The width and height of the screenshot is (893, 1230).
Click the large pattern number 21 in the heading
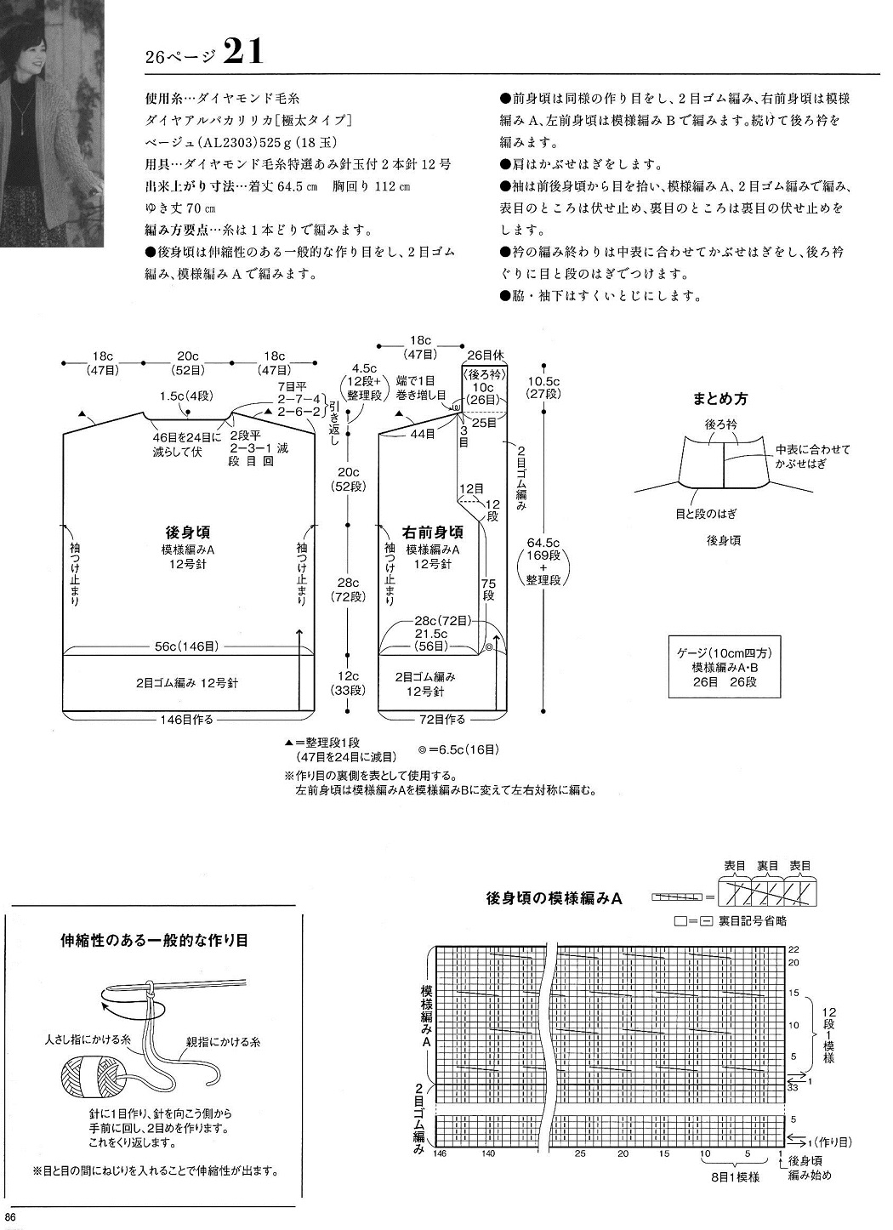point(244,51)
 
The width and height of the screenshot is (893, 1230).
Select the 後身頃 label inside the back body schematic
point(188,532)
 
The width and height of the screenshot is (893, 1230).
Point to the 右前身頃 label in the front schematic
point(433,532)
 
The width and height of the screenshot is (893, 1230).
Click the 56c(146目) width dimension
point(186,646)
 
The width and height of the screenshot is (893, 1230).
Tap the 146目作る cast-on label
point(186,719)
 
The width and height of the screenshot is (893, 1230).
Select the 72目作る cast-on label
point(442,719)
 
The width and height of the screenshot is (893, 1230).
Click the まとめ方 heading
point(720,399)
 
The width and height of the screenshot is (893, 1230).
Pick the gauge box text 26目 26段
point(724,682)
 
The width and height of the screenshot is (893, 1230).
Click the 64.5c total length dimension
point(543,543)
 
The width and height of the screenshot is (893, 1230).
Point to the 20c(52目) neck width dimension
point(188,363)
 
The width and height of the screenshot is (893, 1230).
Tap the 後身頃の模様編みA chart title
point(554,899)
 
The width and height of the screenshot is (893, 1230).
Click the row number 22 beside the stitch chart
point(793,949)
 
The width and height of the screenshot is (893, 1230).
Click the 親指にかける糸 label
point(223,1042)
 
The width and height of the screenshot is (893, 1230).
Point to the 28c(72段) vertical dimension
point(348,589)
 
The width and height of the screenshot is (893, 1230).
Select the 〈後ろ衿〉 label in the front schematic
point(483,375)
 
